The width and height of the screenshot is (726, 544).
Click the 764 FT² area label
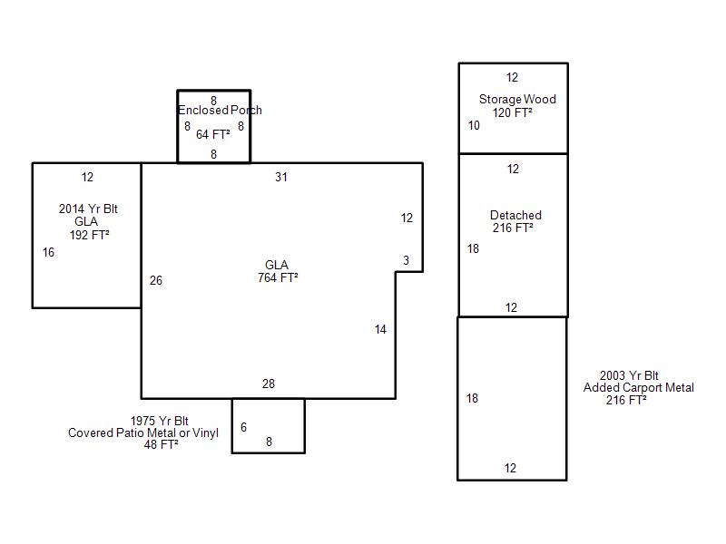coord(278,277)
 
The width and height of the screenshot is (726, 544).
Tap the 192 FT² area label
coord(89,235)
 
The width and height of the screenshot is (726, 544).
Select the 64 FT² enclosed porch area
coord(213,134)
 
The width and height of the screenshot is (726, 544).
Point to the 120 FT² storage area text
coord(512,112)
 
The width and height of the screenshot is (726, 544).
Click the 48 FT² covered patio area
coord(162,444)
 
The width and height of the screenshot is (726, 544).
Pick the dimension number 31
coord(281,177)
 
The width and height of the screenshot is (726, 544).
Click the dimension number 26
coord(156,280)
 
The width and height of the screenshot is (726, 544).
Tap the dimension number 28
coord(269,384)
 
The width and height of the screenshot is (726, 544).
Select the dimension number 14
coord(380,329)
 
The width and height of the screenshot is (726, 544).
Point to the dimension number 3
coord(406,260)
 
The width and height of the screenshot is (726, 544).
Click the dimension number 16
coord(49,252)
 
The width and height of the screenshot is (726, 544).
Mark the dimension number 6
coord(243,427)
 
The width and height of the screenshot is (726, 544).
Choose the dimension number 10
coord(474,125)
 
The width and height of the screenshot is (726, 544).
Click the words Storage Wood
coord(517,99)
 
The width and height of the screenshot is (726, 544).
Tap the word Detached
coord(515,215)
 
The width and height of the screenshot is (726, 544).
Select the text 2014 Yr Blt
coord(88,209)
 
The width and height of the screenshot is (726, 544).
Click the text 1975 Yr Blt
coord(160,421)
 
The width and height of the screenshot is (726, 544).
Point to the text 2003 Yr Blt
coord(629,375)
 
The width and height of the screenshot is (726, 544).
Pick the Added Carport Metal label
coord(639,388)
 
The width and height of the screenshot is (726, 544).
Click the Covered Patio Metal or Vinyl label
coord(143,433)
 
